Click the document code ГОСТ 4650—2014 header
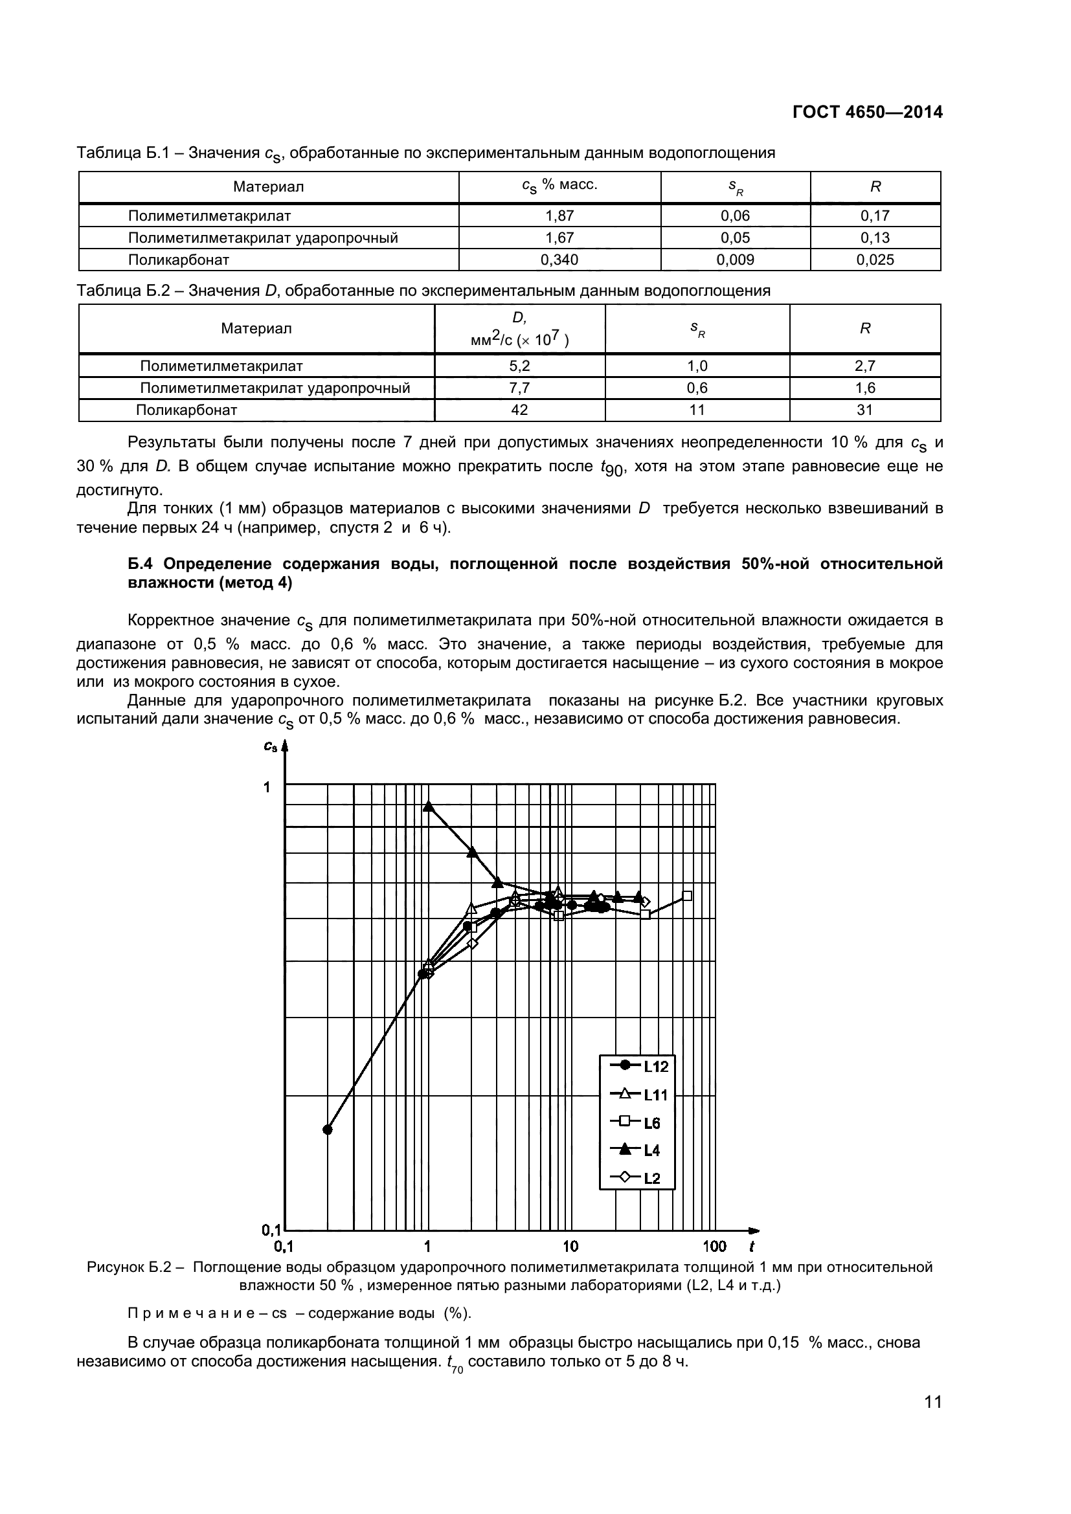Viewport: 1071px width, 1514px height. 867,112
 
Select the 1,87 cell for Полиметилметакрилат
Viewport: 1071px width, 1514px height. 559,216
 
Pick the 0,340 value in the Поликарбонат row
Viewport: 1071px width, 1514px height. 559,260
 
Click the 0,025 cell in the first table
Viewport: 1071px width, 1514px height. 875,260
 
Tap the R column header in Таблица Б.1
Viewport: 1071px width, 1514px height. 875,186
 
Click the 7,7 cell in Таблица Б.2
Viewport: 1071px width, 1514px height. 520,388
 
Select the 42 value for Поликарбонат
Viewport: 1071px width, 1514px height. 520,410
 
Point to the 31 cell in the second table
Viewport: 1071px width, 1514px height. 864,410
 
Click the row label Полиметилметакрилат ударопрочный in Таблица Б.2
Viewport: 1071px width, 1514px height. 275,388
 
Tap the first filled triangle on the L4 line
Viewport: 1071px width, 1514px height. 429,806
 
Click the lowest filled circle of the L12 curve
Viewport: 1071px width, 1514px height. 328,1130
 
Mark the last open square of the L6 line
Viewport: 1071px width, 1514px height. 686,895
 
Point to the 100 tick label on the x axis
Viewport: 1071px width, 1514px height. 714,1246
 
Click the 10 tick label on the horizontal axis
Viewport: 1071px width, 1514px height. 570,1246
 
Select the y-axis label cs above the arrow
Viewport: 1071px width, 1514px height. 271,746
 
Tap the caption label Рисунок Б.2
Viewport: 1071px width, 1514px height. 130,1267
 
